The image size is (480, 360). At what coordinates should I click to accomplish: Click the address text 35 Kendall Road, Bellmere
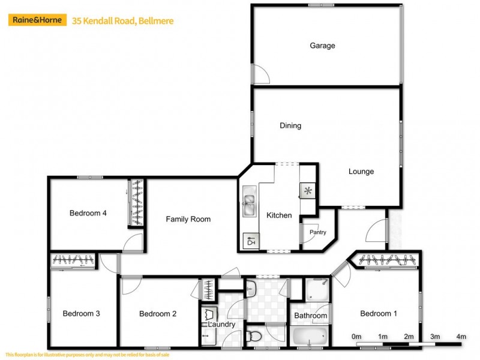pos(122,21)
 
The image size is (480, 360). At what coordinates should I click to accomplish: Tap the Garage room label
pos(322,46)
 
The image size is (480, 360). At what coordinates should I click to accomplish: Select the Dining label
pos(290,126)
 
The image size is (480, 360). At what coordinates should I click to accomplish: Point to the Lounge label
pos(361,172)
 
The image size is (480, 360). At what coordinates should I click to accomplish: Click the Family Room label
pos(188,219)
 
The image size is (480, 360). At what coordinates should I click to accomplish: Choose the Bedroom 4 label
pos(88,213)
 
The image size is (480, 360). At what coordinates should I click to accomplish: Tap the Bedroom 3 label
pos(81,313)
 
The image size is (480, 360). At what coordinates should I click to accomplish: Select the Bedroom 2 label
pos(158,313)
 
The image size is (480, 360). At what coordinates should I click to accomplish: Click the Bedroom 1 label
pos(379,313)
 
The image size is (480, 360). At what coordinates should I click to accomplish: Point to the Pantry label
pos(317,232)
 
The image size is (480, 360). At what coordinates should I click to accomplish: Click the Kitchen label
pos(279,215)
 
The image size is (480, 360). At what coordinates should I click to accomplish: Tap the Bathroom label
pos(311,316)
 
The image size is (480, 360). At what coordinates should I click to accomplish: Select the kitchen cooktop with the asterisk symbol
pos(307,191)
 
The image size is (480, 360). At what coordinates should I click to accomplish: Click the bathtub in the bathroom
pos(310,335)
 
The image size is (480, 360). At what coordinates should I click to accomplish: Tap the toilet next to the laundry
pos(254,334)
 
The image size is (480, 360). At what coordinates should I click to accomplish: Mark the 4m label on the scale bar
pos(461,337)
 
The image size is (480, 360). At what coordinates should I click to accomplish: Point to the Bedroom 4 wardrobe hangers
pos(137,202)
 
